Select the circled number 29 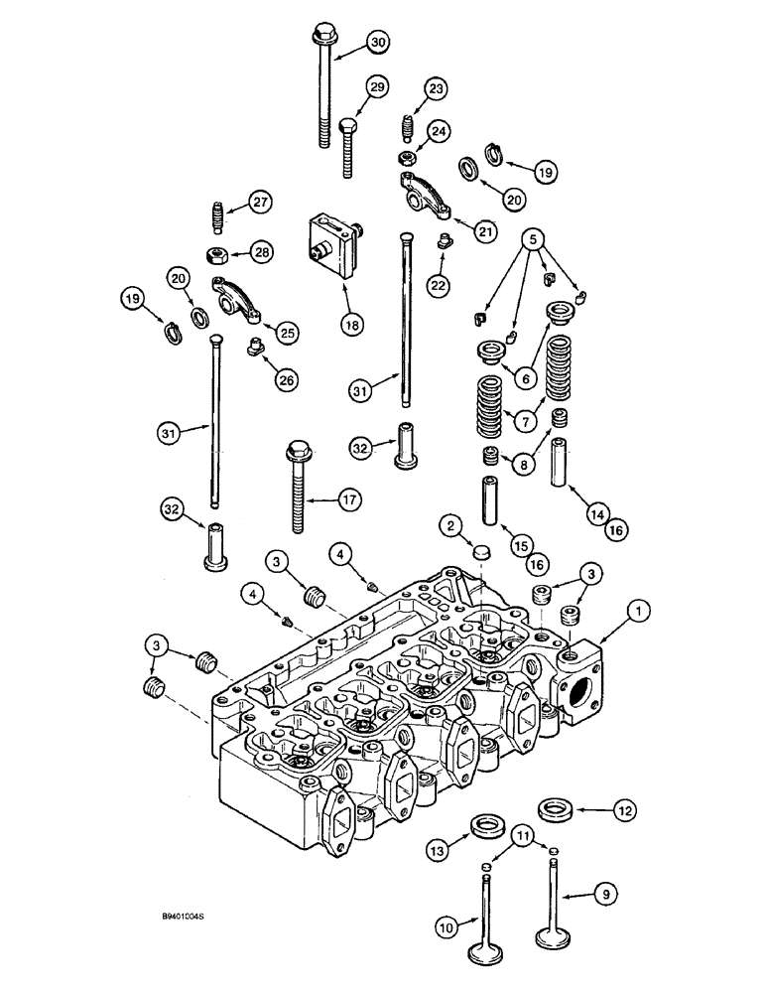pos(376,88)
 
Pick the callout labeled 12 pos(623,812)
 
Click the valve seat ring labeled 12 pos(554,808)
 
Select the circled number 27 pos(259,203)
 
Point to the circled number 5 pos(535,239)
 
